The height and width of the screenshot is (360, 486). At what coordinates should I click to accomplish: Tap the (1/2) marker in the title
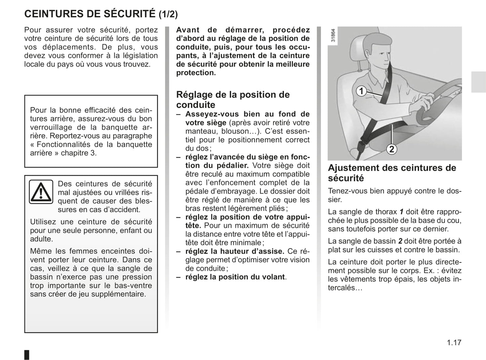[168, 14]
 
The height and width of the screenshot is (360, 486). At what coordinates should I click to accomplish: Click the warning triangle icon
[41, 192]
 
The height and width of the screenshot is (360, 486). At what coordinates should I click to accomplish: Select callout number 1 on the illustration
[361, 91]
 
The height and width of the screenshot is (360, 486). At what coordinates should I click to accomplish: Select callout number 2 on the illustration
[391, 149]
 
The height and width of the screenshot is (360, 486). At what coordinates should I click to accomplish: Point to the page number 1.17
[454, 343]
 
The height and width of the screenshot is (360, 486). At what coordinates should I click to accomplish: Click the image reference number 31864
[333, 35]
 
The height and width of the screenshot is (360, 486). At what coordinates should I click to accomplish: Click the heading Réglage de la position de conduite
[233, 100]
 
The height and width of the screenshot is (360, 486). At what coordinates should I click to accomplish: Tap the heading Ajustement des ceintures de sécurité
[392, 173]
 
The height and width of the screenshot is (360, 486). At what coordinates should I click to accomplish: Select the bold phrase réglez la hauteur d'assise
[235, 251]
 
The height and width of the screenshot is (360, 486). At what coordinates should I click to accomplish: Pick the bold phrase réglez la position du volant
[235, 277]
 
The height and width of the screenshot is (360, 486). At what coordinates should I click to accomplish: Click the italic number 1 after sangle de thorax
[401, 212]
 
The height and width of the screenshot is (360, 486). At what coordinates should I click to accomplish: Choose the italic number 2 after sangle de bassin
[400, 241]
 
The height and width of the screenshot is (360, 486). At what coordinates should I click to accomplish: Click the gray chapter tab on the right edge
[478, 82]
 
